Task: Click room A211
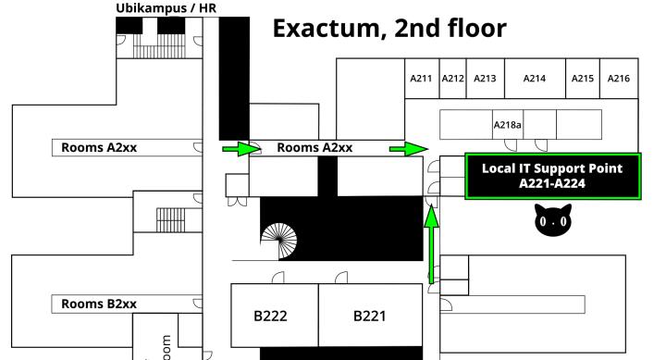421,80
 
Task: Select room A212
451,80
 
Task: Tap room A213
485,80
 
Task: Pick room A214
535,80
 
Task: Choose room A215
583,80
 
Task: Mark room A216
618,80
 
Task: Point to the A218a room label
507,124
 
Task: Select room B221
370,317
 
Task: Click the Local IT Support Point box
552,176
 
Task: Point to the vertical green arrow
431,245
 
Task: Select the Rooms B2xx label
99,304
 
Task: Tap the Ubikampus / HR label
166,9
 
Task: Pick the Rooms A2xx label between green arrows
314,147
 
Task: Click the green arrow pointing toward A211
408,148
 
